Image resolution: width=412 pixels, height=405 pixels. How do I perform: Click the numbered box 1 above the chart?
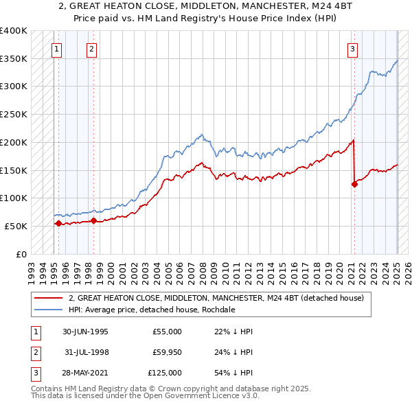(x=56, y=49)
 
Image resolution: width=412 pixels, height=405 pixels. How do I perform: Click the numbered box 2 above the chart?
(x=91, y=49)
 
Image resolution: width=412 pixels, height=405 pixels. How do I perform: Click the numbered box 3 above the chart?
(x=352, y=49)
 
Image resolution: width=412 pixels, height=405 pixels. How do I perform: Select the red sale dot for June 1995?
(x=58, y=223)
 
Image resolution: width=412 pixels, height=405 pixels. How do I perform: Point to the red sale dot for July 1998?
(x=94, y=220)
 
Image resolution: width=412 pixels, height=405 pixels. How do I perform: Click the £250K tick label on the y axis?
(x=14, y=115)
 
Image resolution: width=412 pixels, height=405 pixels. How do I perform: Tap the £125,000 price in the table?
(x=165, y=373)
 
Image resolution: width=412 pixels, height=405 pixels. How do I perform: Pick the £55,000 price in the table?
(x=168, y=332)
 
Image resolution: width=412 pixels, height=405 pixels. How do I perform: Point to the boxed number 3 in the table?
(x=34, y=373)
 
